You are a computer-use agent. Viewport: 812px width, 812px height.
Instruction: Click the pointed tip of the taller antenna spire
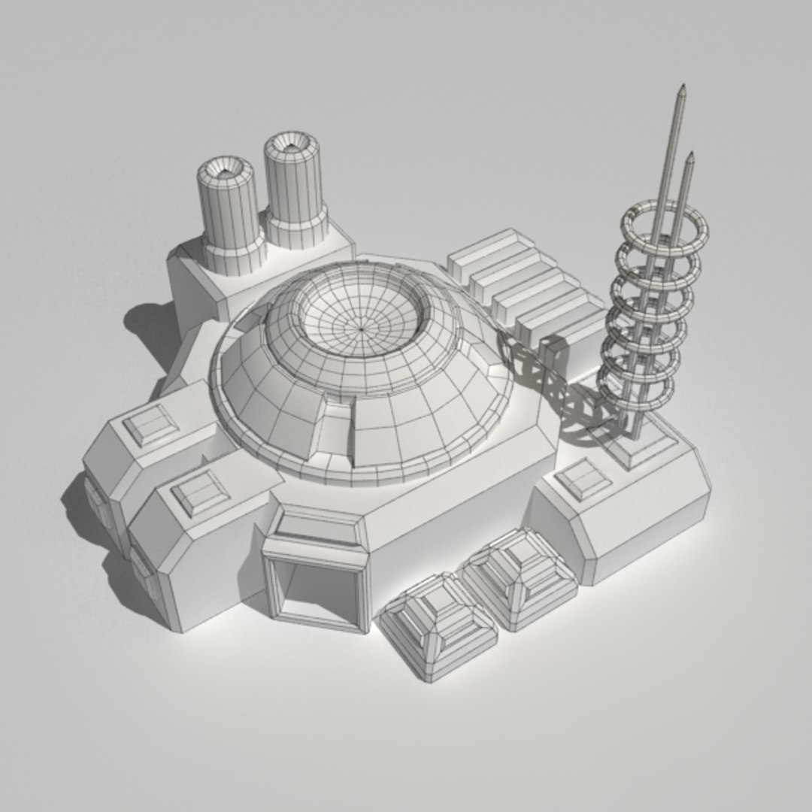point(683,89)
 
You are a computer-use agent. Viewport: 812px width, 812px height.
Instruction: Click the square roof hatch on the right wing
point(583,479)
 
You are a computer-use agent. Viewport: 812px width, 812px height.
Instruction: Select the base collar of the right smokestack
point(297,228)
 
